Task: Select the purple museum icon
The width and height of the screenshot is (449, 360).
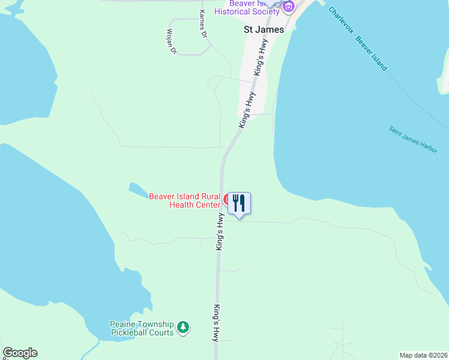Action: [289, 7]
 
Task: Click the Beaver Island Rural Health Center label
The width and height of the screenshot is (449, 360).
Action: [185, 200]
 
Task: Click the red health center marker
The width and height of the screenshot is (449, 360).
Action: [226, 199]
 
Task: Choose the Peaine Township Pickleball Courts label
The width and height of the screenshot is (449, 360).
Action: [142, 328]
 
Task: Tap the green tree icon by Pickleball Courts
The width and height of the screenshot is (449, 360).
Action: [184, 328]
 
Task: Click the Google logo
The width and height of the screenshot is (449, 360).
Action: [20, 353]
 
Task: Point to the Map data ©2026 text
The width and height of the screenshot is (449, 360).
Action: [423, 355]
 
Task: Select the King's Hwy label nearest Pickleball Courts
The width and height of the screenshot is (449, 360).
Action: [215, 323]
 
